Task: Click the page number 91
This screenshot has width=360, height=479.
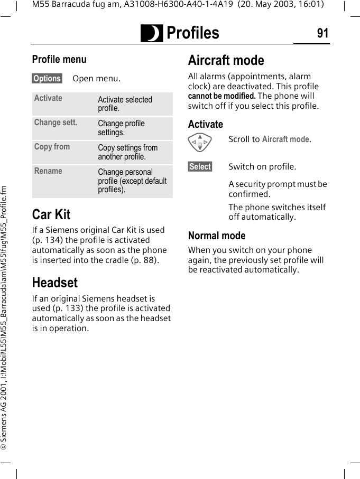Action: [322, 33]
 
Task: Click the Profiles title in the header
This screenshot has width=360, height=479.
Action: [192, 33]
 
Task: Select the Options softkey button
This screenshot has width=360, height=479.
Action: [47, 79]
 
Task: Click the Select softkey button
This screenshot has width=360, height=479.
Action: [200, 167]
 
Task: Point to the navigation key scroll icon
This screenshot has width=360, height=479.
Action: [200, 143]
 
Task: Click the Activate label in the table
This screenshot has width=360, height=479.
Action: [48, 98]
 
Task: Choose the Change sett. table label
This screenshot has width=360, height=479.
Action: [56, 123]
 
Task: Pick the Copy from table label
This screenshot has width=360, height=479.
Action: [52, 147]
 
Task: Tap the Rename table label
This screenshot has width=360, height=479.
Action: [48, 171]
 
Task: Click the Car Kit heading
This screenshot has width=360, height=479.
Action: [51, 214]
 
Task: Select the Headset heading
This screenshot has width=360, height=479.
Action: [55, 283]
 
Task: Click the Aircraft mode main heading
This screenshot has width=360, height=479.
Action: [226, 60]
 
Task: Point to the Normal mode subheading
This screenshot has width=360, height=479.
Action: [217, 236]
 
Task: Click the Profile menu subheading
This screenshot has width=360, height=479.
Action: [59, 59]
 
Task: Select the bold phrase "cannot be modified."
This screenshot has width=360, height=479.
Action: [222, 96]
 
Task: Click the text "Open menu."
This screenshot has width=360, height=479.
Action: [96, 79]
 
